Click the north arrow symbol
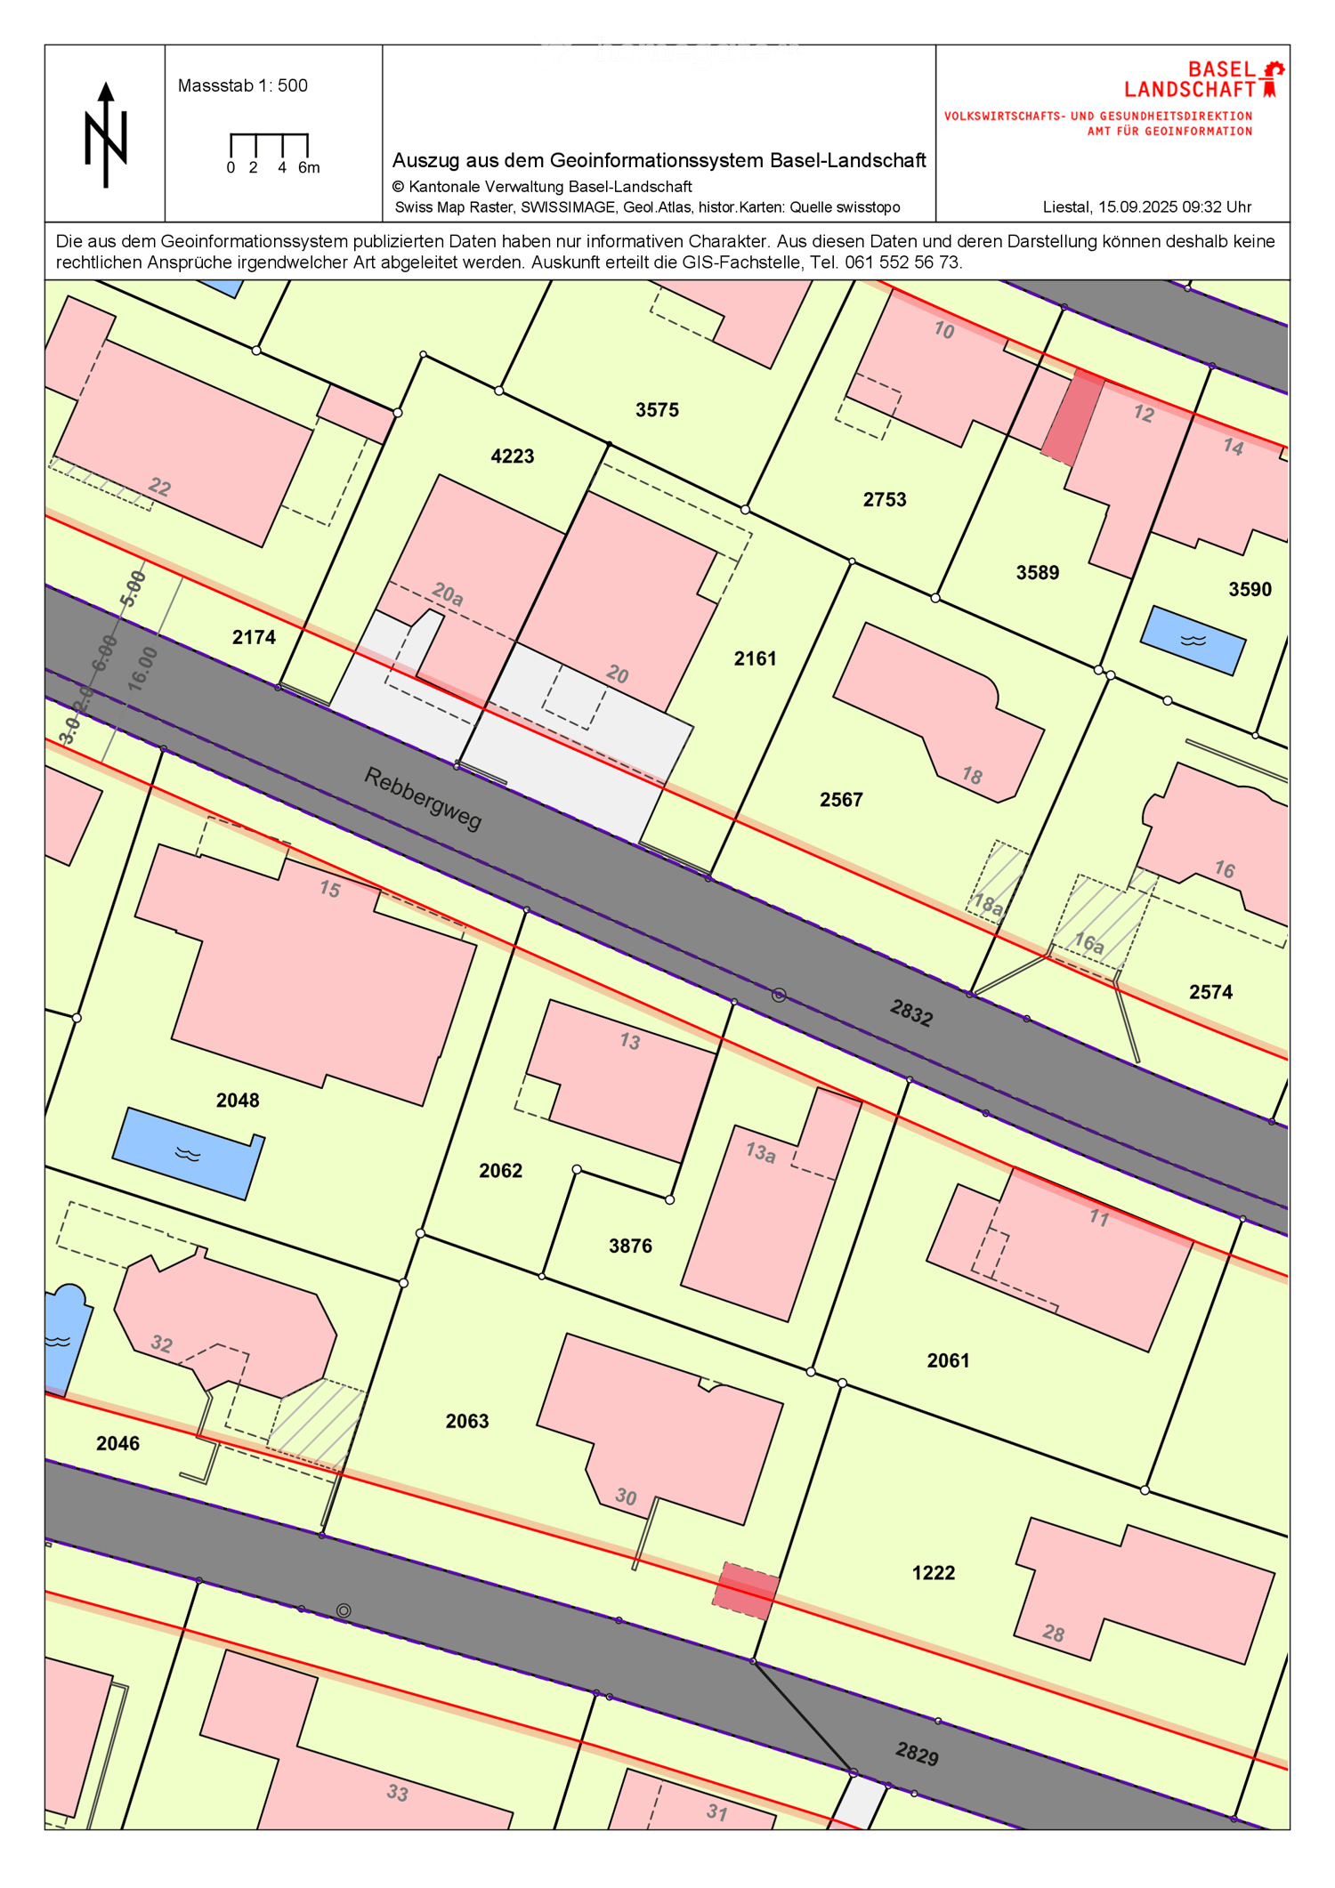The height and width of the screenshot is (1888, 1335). (x=106, y=135)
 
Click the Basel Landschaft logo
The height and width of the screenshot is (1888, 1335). (x=1203, y=79)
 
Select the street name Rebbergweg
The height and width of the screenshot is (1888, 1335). (x=423, y=798)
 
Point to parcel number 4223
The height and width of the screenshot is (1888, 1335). (x=513, y=456)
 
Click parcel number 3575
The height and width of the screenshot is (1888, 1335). (x=657, y=410)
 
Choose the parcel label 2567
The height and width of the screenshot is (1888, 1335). (x=841, y=800)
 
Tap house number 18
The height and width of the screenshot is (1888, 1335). (x=972, y=775)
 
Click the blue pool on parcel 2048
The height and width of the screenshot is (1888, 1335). (x=188, y=1153)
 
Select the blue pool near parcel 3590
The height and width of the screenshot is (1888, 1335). (x=1193, y=641)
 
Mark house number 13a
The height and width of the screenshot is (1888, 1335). (x=760, y=1152)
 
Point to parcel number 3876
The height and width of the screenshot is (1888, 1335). (x=630, y=1247)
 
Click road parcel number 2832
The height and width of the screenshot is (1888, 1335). (x=911, y=1013)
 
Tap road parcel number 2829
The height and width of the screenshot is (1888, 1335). (x=917, y=1755)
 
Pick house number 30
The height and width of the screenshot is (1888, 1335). (x=626, y=1497)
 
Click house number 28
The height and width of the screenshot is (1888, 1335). (x=1054, y=1633)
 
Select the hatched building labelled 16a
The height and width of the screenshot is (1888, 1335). (x=1099, y=925)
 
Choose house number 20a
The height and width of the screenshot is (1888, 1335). (x=448, y=594)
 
